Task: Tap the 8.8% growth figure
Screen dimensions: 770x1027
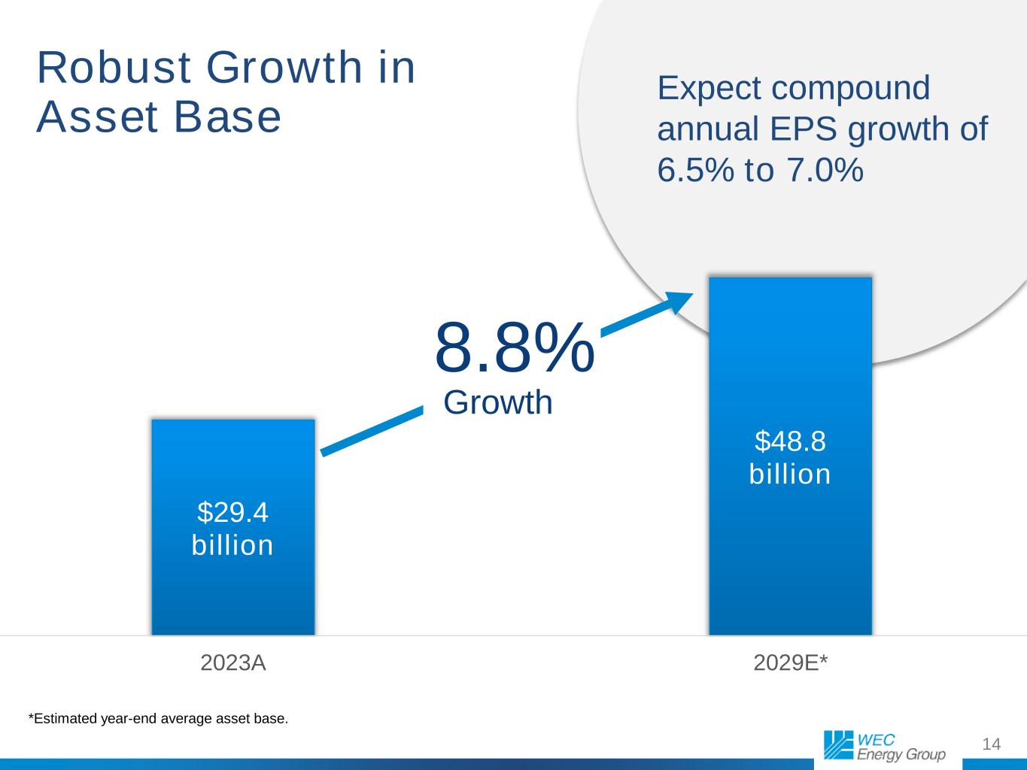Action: pos(515,347)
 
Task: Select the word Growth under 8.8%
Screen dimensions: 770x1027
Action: pos(498,403)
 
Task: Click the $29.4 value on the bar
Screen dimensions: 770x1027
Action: pos(232,512)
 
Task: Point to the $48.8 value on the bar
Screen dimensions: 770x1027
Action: pos(790,441)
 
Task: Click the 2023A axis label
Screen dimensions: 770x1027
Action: pos(233,663)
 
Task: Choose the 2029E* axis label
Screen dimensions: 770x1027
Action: pos(790,663)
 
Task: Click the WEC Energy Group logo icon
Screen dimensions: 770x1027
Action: pos(838,744)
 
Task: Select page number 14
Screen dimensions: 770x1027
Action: pos(992,744)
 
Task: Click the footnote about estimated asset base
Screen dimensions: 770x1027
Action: pos(158,719)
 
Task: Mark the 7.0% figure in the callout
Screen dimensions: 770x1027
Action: pos(825,171)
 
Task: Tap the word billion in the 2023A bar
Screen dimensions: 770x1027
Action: pos(232,545)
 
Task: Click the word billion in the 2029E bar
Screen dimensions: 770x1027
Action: pos(790,474)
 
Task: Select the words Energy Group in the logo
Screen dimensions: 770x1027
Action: pos(901,755)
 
